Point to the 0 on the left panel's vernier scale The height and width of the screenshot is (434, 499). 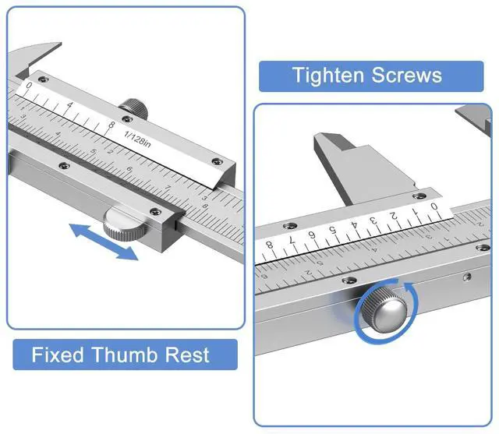[30, 86]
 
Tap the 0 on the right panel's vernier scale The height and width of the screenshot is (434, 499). [434, 206]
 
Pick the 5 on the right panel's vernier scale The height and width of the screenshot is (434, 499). [333, 230]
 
